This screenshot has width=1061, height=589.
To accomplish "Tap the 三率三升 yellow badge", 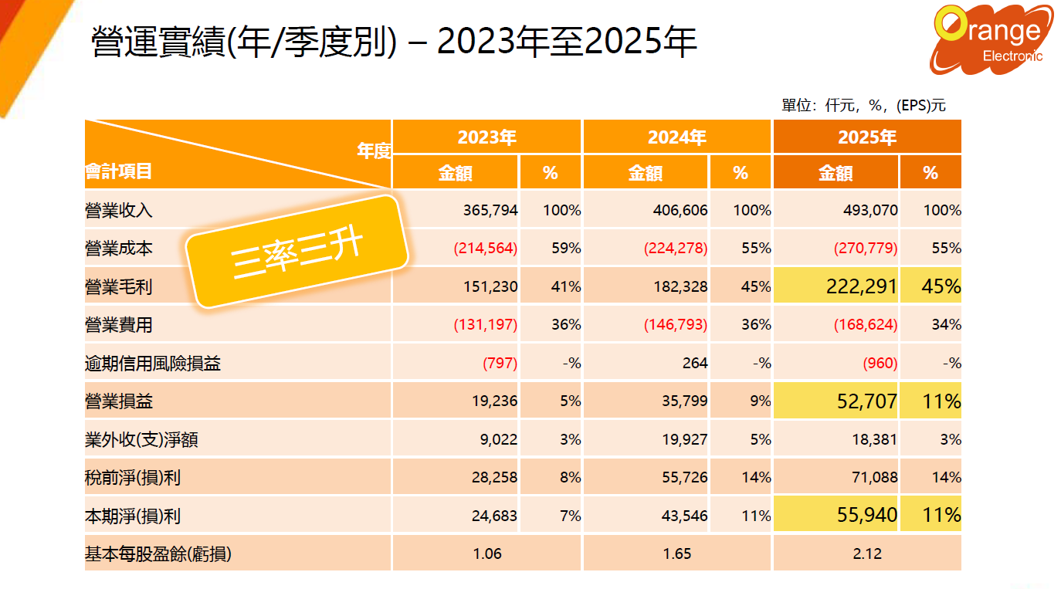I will (x=297, y=252).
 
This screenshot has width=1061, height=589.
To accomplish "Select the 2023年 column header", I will (x=486, y=137).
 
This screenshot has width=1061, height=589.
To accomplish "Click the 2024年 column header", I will (x=676, y=137).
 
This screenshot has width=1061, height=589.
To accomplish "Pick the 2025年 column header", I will (x=867, y=137).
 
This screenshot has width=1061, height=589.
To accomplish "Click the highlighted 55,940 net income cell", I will (x=867, y=515).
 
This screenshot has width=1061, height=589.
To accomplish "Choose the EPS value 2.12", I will (x=868, y=553).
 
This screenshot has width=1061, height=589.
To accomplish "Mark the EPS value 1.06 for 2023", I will (x=487, y=553).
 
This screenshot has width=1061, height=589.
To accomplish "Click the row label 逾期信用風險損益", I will (x=153, y=364).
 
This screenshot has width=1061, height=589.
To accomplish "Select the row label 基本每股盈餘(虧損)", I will (x=158, y=553).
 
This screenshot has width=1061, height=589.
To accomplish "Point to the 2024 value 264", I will (x=695, y=363).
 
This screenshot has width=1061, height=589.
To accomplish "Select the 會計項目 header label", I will (x=118, y=171).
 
